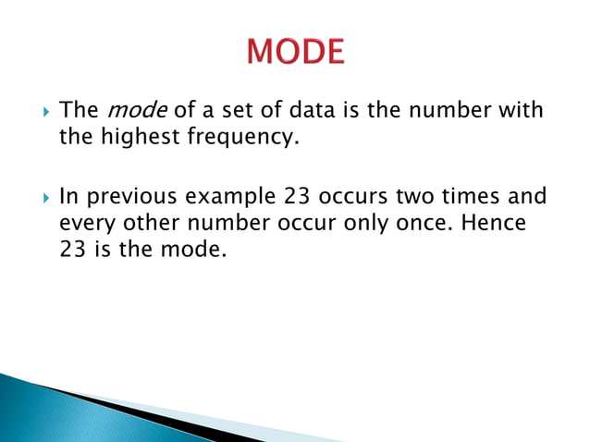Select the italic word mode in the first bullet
tap(135, 113)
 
